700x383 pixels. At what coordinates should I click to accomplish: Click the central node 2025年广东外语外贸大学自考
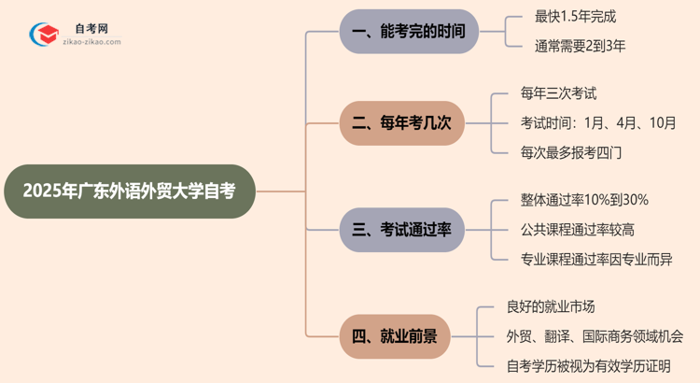[129, 191]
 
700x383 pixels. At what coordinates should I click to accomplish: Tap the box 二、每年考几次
[401, 123]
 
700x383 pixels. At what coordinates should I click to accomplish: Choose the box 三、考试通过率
[401, 229]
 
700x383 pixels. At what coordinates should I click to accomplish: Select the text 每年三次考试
[559, 93]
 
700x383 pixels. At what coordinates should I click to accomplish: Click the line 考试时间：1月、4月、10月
[598, 123]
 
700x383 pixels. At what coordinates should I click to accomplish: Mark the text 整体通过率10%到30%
[584, 200]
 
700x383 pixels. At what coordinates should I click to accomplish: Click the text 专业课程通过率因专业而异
[595, 260]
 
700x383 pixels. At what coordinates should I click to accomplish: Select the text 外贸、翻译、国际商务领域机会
[594, 336]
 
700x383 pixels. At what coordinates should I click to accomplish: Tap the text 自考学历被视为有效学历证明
[588, 366]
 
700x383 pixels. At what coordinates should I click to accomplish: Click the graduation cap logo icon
[42, 34]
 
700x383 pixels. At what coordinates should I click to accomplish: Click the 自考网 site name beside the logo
[90, 28]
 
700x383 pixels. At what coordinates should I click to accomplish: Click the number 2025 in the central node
[42, 191]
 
